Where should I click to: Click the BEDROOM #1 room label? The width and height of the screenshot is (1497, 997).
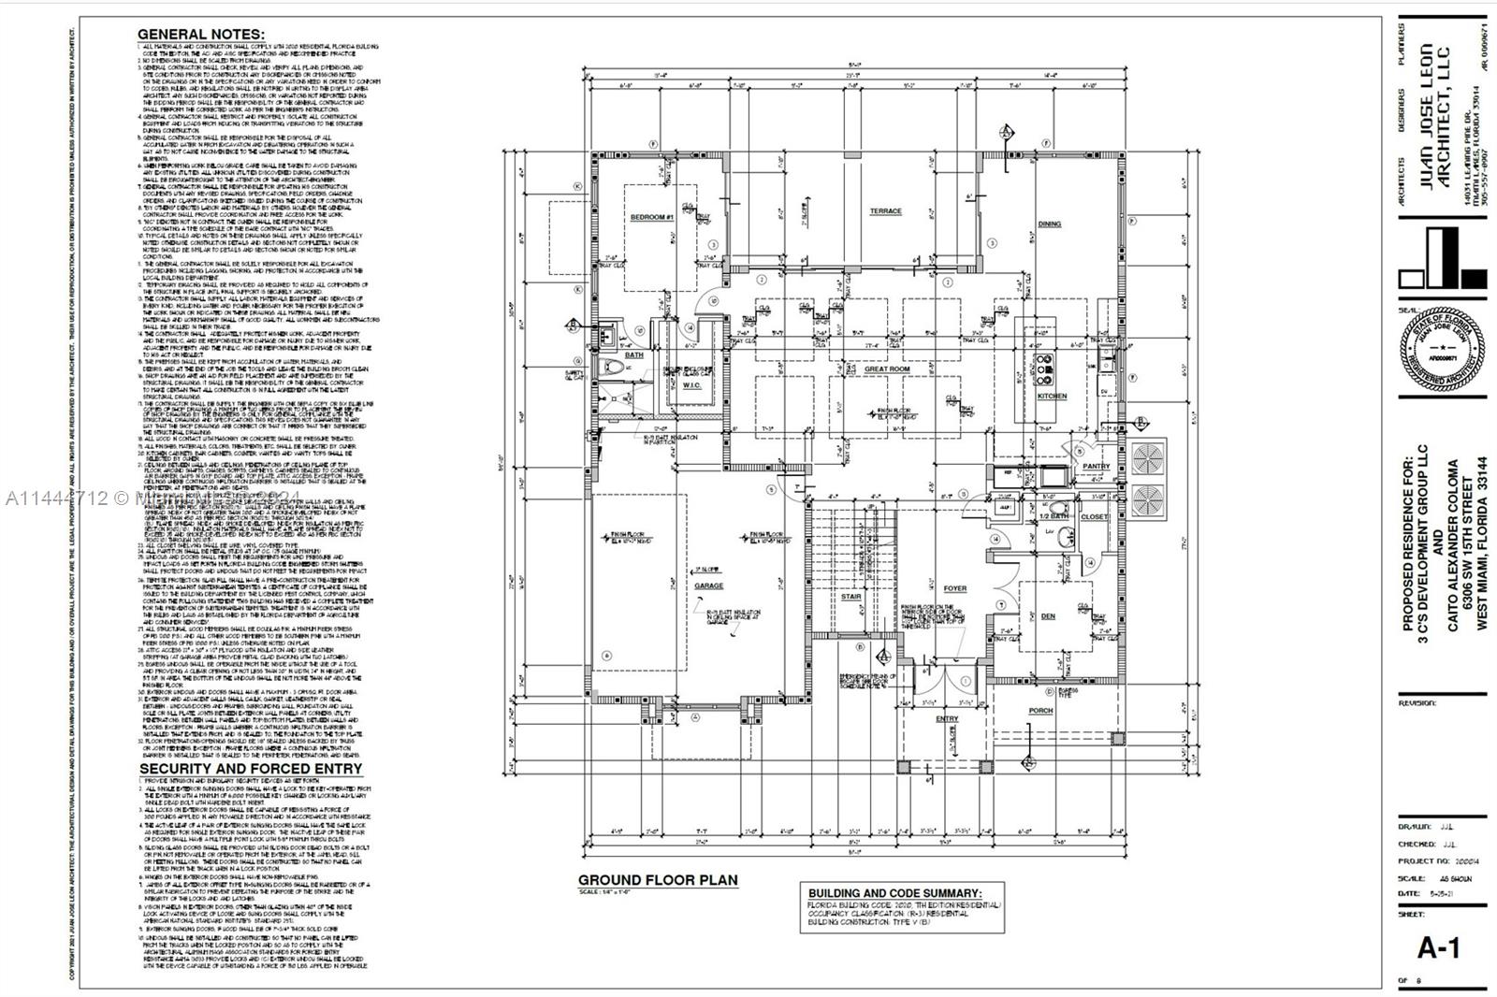pos(652,217)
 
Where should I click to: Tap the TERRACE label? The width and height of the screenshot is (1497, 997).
pos(885,211)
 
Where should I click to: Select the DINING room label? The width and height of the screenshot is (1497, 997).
pos(1050,224)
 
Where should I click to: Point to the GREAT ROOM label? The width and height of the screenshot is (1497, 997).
pos(887,369)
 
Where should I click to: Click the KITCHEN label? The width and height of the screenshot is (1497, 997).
pos(1052,397)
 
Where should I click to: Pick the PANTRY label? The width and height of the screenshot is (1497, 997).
pos(1096,466)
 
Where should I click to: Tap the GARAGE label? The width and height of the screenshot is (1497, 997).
pos(708,586)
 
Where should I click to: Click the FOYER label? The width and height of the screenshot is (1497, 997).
pos(954,588)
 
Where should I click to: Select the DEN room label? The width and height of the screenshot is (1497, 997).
pos(1048,616)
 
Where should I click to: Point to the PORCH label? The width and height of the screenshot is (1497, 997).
pos(1040,711)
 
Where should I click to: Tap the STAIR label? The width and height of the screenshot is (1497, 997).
pos(850,596)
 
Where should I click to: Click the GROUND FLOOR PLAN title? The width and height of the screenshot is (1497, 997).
pos(657,880)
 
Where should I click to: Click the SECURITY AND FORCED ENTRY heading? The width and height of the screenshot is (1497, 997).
pos(250,769)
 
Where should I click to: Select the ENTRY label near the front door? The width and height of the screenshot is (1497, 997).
pos(947,719)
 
